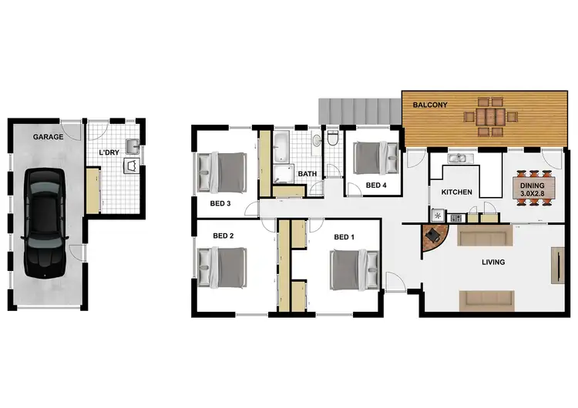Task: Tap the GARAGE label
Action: click(47, 137)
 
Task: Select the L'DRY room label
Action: click(110, 152)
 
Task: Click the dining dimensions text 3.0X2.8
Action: click(533, 194)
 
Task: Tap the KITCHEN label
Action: click(455, 192)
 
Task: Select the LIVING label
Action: click(492, 263)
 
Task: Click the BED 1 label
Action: click(344, 237)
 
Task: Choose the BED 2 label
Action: click(222, 236)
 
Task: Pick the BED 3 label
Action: click(221, 204)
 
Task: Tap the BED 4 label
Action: click(375, 186)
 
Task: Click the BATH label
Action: click(307, 174)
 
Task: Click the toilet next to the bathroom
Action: click(332, 139)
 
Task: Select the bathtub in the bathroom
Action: click(282, 145)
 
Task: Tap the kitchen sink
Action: click(461, 159)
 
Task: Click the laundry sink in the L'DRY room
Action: click(132, 145)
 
